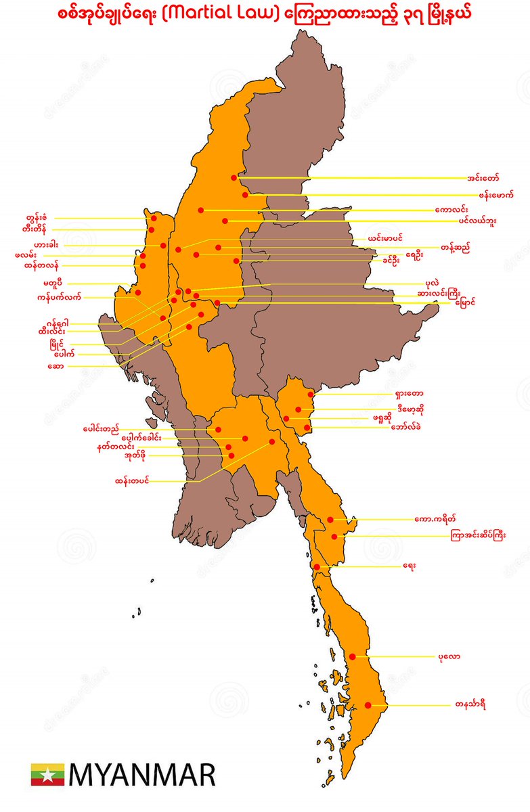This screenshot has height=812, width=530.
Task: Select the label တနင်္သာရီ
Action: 471,705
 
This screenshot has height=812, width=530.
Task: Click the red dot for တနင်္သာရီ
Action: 368,705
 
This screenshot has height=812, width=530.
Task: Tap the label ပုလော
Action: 449,656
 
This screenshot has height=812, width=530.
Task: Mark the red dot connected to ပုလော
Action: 353,656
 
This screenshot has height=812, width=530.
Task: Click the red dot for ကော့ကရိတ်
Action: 330,520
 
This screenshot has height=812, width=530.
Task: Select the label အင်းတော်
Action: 483,178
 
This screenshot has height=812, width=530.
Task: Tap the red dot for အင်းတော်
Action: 234,178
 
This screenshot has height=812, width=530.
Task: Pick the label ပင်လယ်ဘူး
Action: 477,221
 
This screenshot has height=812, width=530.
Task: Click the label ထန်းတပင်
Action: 132,481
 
